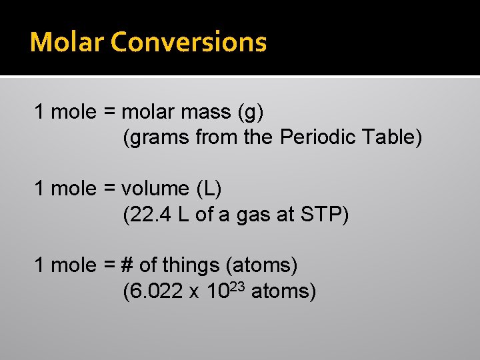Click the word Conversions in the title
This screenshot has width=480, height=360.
click(189, 42)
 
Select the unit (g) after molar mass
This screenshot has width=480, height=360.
click(250, 113)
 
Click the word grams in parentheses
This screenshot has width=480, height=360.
click(157, 138)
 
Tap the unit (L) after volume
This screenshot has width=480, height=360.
click(209, 189)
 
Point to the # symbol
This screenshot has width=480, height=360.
click(127, 265)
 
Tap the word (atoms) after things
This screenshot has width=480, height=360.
click(262, 265)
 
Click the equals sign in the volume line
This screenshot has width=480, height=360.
click(109, 189)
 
